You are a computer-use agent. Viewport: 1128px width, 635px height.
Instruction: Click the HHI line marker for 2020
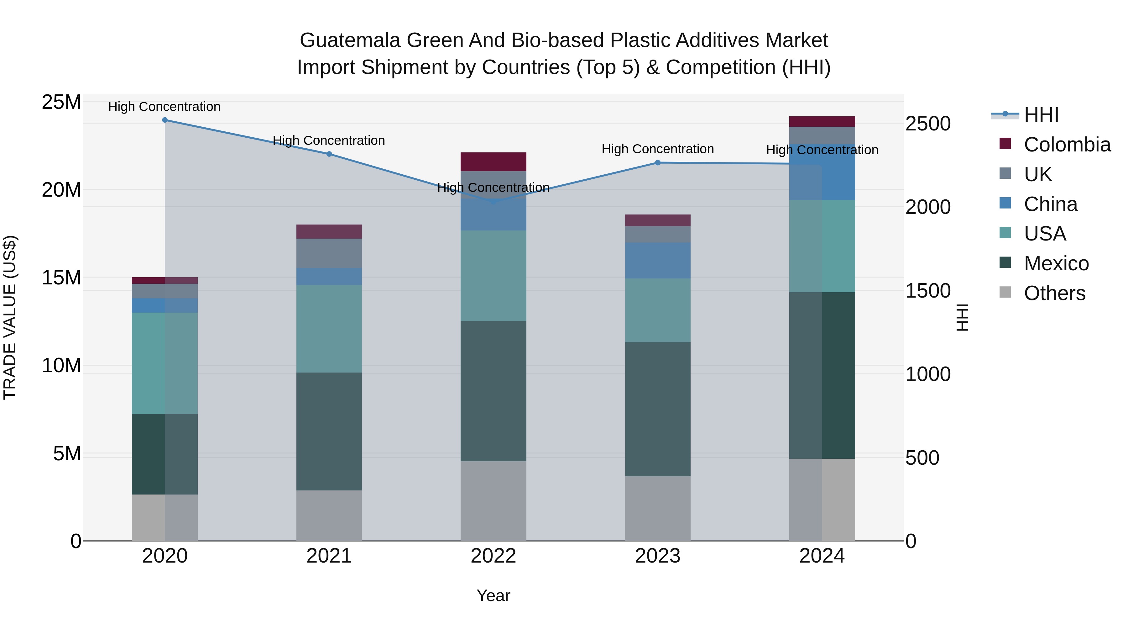click(164, 120)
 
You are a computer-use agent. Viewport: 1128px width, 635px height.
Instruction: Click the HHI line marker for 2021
click(329, 154)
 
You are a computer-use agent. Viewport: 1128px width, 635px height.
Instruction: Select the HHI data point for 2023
click(657, 162)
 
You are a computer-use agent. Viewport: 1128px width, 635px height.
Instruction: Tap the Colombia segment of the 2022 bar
click(493, 162)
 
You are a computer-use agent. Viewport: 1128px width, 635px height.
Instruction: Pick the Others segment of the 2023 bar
click(657, 508)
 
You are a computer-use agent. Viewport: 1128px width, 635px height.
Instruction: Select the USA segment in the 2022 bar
click(493, 276)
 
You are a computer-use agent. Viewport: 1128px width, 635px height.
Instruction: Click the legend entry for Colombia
click(1067, 145)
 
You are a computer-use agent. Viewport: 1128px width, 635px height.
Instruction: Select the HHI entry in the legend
click(1041, 115)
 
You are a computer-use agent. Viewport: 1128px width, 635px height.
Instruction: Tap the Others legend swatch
click(1005, 292)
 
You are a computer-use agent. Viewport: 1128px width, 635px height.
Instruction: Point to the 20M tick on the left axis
click(61, 190)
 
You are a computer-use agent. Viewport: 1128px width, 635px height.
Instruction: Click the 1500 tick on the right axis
click(927, 291)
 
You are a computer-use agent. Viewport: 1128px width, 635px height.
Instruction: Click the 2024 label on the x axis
click(822, 556)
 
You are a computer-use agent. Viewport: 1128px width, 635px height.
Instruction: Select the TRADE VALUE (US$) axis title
click(10, 317)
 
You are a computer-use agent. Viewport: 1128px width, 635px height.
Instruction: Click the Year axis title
click(493, 595)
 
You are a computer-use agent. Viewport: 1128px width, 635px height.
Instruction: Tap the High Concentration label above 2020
click(164, 107)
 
